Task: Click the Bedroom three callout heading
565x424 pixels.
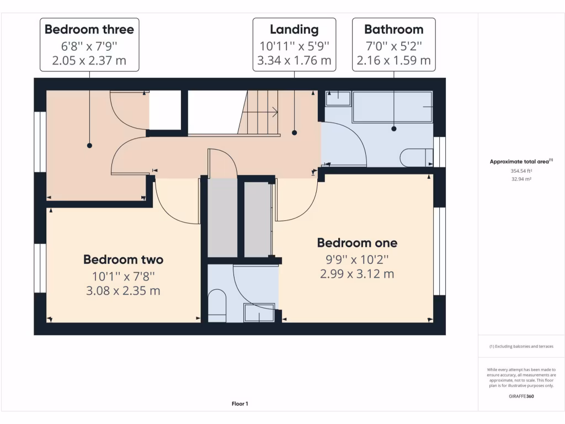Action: click(89, 29)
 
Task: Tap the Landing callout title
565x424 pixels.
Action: click(294, 29)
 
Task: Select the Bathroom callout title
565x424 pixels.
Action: click(393, 29)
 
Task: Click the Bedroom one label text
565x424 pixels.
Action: click(357, 243)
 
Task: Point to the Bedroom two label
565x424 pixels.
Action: click(123, 259)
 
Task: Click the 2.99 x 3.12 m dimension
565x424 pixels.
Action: click(357, 274)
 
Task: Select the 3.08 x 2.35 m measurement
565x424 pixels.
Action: click(123, 290)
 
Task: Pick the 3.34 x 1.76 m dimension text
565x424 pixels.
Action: click(294, 60)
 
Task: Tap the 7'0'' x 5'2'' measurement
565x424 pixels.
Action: click(393, 45)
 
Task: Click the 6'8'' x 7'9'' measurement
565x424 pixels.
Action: click(89, 45)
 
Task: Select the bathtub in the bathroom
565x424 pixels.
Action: click(393, 107)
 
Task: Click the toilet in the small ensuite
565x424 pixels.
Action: click(217, 306)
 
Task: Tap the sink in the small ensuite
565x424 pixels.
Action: click(259, 312)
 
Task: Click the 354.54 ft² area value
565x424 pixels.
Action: click(521, 171)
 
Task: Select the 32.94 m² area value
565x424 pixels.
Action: click(521, 179)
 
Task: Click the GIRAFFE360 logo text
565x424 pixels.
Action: click(521, 396)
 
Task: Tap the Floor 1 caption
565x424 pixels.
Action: click(239, 404)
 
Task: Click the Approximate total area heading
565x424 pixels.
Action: click(521, 162)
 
